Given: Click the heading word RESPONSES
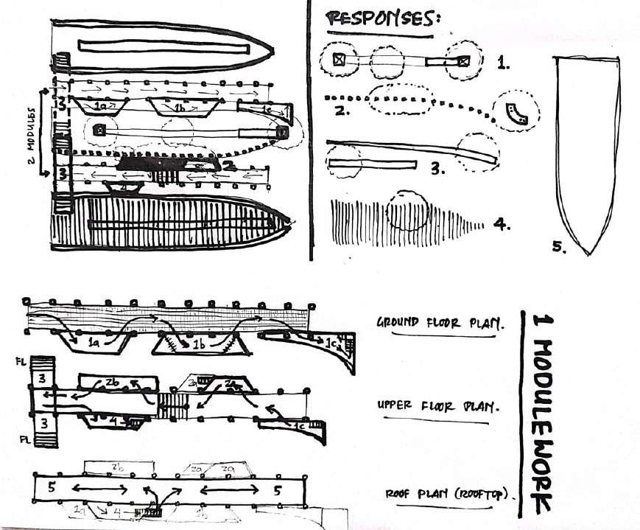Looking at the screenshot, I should (x=382, y=20).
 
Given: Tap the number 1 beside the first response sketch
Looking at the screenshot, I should (x=504, y=63).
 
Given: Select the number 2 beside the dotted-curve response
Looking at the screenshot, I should (x=340, y=111).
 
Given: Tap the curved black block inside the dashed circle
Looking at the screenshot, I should (x=513, y=113).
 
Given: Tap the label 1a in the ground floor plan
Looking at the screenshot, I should (x=94, y=344).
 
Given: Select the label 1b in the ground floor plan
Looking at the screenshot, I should (x=198, y=344).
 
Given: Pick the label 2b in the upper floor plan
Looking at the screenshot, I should (x=112, y=383).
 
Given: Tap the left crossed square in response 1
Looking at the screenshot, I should (x=338, y=60).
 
